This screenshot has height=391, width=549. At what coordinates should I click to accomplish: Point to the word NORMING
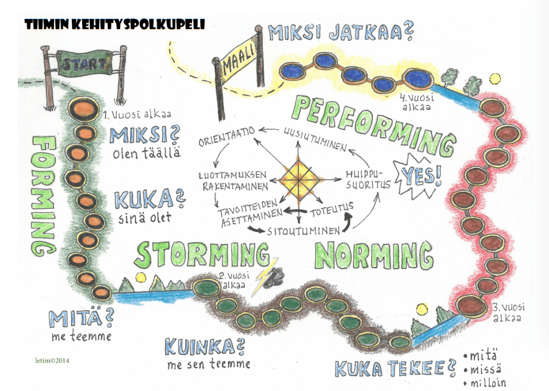374,255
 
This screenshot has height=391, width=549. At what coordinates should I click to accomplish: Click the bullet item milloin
487,382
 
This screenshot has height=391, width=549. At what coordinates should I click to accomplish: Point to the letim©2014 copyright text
50,360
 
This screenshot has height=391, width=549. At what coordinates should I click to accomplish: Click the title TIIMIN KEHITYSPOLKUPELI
114,24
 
